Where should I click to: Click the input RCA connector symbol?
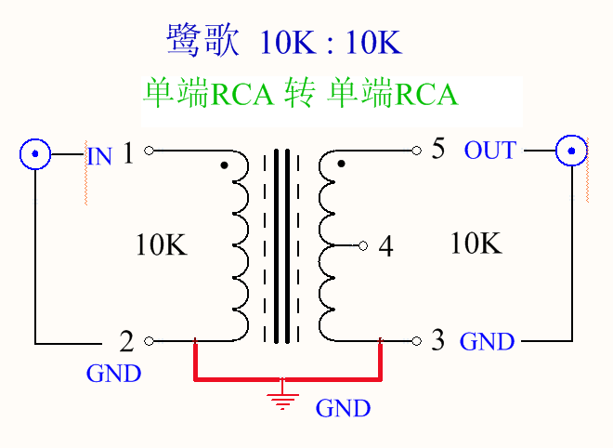tap(35, 152)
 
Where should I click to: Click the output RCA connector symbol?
tap(571, 150)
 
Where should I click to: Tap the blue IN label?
tap(99, 155)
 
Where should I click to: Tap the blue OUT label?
tap(489, 151)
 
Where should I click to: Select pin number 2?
tap(127, 341)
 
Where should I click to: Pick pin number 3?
tap(437, 340)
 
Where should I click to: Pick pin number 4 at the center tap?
tap(386, 247)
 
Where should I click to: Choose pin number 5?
tap(438, 150)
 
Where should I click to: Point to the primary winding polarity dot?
tap(224, 166)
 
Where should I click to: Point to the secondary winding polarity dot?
tap(341, 165)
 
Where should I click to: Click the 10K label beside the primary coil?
tap(162, 245)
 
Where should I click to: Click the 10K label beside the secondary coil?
tap(476, 244)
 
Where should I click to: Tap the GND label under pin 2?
tap(113, 374)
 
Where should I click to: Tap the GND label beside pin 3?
tap(487, 341)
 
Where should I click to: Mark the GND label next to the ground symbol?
tap(343, 408)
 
